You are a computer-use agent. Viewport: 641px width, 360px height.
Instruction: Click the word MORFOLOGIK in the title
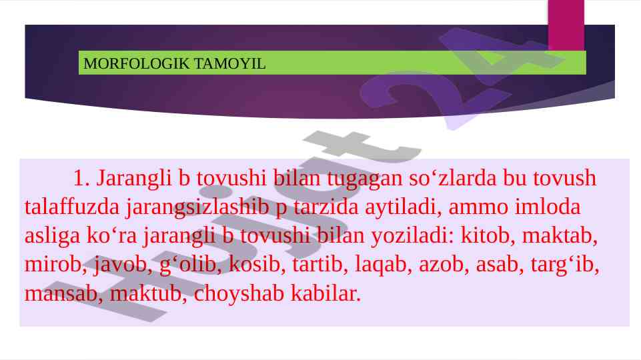click(137, 64)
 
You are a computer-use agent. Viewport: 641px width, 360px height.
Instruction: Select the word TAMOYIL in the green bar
click(229, 64)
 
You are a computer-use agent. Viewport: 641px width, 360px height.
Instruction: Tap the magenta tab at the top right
click(566, 25)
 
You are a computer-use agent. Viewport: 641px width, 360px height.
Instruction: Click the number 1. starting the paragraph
click(81, 178)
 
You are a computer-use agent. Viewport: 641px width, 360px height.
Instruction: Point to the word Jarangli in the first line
click(133, 179)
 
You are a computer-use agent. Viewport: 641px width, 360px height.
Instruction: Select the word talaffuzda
click(72, 207)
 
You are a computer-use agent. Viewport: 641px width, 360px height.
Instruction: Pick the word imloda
click(548, 207)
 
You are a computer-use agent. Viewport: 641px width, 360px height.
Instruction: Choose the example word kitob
click(485, 236)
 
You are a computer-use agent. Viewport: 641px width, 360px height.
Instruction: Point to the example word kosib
click(255, 265)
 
